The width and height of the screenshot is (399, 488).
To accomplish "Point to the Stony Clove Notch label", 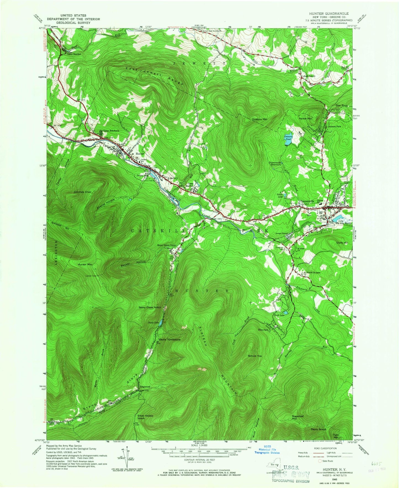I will pyautogui.click(x=150, y=307).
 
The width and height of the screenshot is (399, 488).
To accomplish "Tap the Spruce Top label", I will pyautogui.click(x=255, y=356).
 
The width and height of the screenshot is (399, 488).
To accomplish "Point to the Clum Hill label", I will pyautogui.click(x=342, y=242).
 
